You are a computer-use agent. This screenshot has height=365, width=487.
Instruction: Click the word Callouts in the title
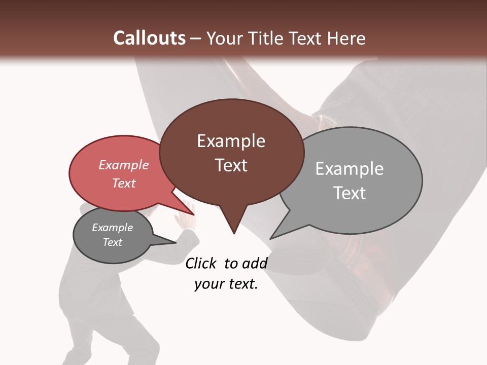pyautogui.click(x=149, y=38)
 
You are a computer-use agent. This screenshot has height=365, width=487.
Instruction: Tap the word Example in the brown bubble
pyautogui.click(x=231, y=141)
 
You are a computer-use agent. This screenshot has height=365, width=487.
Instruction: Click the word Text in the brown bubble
pyautogui.click(x=231, y=165)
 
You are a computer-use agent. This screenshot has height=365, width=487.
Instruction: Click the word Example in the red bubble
pyautogui.click(x=124, y=165)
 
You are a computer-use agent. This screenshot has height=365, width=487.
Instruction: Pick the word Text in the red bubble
pyautogui.click(x=124, y=183)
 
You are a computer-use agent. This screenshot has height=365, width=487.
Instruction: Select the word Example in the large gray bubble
pyautogui.click(x=349, y=169)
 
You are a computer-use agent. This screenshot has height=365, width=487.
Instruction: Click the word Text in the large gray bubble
pyautogui.click(x=349, y=193)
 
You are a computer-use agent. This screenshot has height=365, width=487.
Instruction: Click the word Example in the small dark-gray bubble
pyautogui.click(x=112, y=228)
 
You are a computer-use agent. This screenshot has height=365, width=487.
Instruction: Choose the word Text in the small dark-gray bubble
pyautogui.click(x=112, y=242)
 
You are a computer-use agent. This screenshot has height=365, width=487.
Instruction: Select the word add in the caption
pyautogui.click(x=254, y=263)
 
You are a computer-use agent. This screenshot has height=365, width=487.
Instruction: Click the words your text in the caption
pyautogui.click(x=226, y=284)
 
